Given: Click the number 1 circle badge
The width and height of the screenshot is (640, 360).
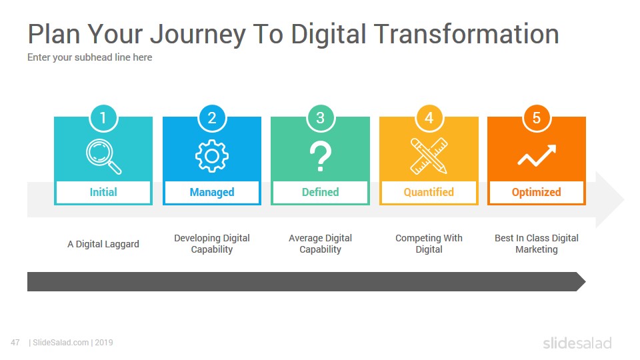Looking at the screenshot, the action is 103,118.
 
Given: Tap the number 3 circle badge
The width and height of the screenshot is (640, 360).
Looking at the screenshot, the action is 321,118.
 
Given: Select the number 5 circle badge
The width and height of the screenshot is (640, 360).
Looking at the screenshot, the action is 537,118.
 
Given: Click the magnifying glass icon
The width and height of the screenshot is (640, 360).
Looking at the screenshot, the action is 104,157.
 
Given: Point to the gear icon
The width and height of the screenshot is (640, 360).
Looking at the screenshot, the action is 212,156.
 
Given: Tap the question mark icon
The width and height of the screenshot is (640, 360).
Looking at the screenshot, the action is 321,156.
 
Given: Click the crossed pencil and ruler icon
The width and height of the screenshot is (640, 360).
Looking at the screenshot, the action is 429,156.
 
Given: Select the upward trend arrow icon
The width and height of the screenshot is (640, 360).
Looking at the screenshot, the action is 537,155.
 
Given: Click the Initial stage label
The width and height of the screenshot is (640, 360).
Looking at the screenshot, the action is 103,192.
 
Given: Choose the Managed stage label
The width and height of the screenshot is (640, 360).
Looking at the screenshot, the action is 212,192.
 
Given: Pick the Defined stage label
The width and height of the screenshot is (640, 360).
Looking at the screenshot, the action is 321,192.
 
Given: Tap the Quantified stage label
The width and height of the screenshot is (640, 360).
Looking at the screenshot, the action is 429,192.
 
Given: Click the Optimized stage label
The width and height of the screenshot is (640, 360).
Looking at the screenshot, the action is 537,192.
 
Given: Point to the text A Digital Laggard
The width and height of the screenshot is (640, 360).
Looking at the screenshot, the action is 103,244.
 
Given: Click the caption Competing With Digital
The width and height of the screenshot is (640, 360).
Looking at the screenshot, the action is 429,244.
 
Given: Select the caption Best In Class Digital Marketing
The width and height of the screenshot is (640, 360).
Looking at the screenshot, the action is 537,244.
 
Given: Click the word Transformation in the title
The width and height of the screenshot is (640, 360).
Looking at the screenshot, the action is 466,34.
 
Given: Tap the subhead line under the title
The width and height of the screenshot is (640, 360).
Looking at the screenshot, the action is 90,57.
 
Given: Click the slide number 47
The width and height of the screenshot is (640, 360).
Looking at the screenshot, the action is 15,343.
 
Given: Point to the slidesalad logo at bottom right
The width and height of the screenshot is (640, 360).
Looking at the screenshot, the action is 577,343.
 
